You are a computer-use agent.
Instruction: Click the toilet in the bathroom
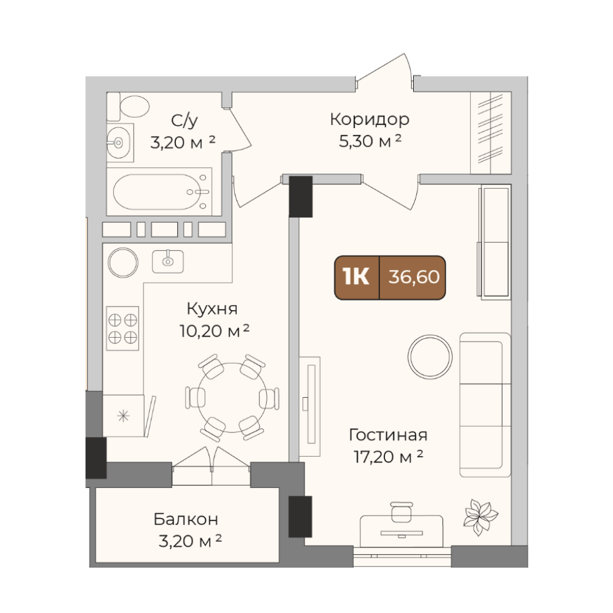pos(128,106)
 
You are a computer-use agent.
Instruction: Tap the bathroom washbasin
pos(120,143)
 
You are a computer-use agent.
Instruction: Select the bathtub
pos(159,191)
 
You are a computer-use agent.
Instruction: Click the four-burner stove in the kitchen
pos(123,329)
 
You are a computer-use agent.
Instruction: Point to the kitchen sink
pos(168,261)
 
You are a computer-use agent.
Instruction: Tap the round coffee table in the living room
pos(430,357)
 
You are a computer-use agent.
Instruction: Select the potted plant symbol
pos(480,517)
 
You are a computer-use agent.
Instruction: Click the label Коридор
pos(370,120)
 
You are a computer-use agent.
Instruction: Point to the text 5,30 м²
pos(370,141)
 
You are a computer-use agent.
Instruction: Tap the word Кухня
pos(212,308)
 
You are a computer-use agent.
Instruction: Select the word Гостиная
pos(388,435)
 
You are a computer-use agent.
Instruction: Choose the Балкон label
pos(186,519)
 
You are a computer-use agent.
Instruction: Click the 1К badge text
pos(356,277)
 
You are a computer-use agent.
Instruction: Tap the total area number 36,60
pos(414,277)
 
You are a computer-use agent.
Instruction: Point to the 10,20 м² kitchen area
pos(214,331)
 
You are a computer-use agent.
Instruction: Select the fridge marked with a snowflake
pos(123,416)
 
